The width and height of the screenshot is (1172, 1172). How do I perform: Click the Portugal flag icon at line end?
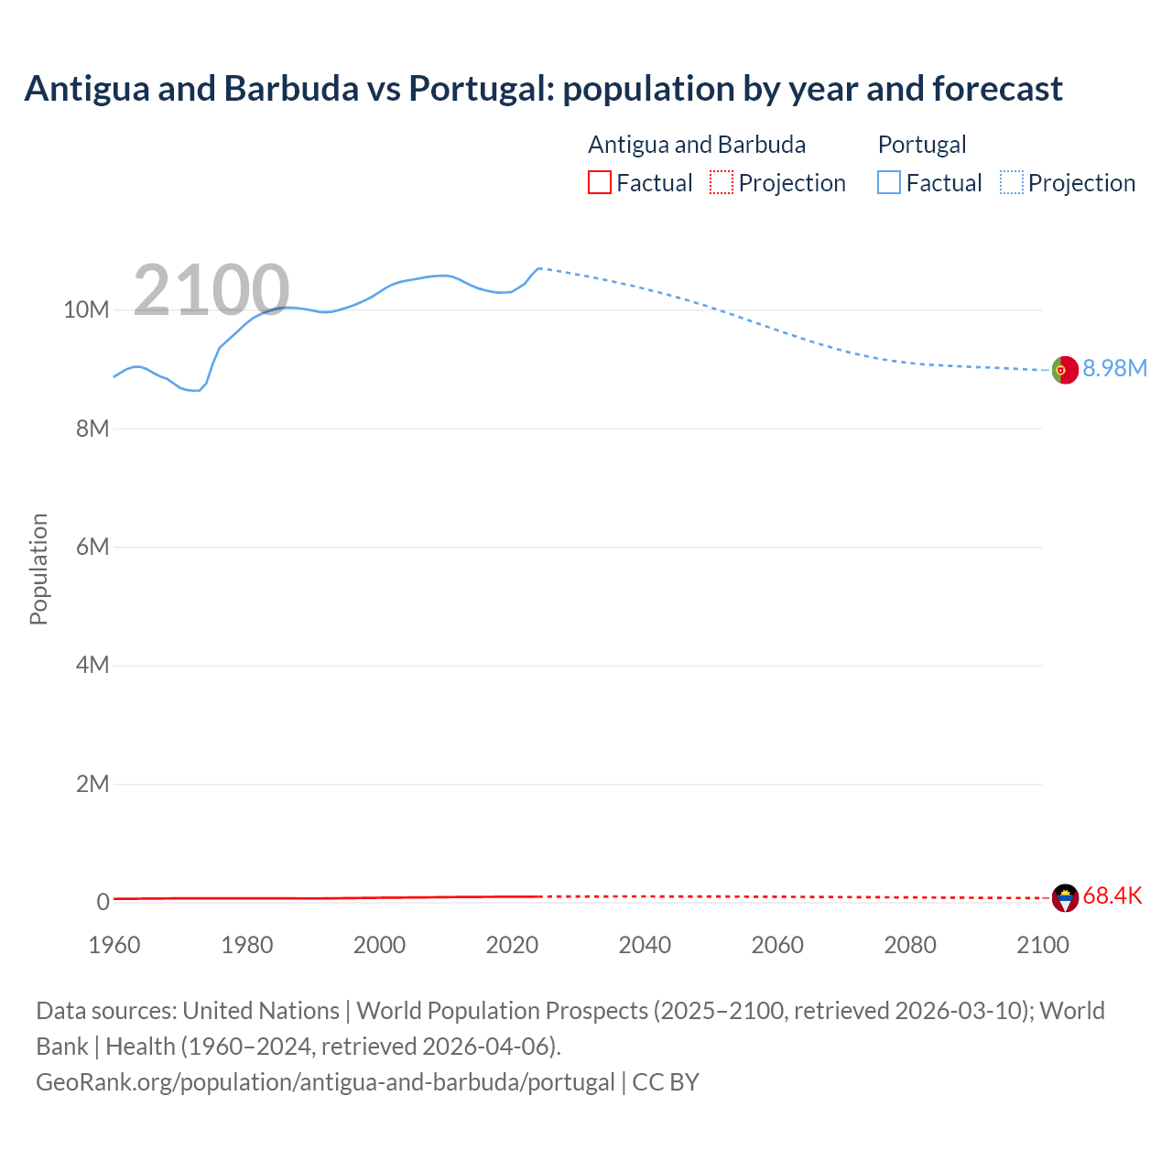coord(1064,370)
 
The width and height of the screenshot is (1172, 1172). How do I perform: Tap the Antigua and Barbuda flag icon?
coord(1065,897)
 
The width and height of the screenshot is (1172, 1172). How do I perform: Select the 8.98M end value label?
coord(1114,368)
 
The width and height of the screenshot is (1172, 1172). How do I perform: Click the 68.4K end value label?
coord(1112,895)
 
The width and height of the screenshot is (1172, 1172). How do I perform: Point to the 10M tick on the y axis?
coord(86,310)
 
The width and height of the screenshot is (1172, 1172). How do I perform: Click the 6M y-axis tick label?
coord(92,547)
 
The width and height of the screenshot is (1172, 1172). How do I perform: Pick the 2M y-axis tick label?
coord(92,784)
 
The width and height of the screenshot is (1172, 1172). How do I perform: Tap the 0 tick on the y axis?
coord(103,902)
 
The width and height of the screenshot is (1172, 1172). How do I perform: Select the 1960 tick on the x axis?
coord(114,945)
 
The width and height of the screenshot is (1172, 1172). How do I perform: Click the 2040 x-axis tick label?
coord(645,945)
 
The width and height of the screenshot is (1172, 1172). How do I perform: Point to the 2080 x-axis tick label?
coord(910,945)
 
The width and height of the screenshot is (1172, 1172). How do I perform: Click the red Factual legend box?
coord(599,183)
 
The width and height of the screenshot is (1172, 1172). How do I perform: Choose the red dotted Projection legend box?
coord(722,183)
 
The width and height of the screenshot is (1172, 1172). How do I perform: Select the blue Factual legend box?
coord(888,183)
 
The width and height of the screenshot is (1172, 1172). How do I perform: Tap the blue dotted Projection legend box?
coord(1012,183)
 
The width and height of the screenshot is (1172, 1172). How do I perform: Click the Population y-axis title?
coord(38,569)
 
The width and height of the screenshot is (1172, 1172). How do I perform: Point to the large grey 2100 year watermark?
coord(212,290)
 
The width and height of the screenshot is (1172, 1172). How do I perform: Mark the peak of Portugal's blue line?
coord(539,268)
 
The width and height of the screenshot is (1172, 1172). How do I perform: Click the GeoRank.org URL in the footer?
coord(325,1082)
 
